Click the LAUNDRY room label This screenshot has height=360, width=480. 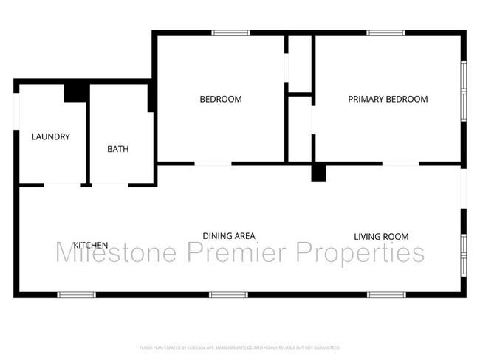pyautogui.click(x=50, y=136)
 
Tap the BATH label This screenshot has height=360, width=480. pyautogui.click(x=118, y=148)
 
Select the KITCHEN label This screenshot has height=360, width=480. pyautogui.click(x=91, y=245)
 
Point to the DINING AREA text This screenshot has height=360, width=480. pyautogui.click(x=229, y=235)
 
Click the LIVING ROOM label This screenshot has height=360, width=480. pyautogui.click(x=381, y=236)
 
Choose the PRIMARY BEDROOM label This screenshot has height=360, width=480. pyautogui.click(x=388, y=99)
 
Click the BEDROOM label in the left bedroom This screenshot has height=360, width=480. pyautogui.click(x=221, y=99)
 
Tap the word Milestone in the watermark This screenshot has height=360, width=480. pyautogui.click(x=117, y=253)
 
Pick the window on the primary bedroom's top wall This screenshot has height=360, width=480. pyautogui.click(x=385, y=32)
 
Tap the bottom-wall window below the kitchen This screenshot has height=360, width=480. pyautogui.click(x=77, y=295)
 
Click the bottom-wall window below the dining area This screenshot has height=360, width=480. pyautogui.click(x=228, y=295)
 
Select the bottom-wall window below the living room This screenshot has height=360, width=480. pyautogui.click(x=386, y=295)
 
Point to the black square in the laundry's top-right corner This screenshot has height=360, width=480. pyautogui.click(x=76, y=92)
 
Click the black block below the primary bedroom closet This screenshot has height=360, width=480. pyautogui.click(x=318, y=173)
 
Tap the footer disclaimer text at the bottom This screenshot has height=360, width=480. pyautogui.click(x=240, y=347)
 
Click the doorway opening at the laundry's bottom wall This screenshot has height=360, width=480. pyautogui.click(x=61, y=184)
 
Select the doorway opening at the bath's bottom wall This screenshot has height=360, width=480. pyautogui.click(x=109, y=184)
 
